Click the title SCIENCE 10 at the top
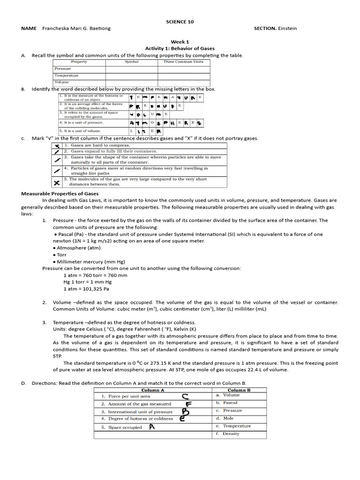180,22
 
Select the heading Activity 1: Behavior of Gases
180,48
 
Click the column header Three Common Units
183,62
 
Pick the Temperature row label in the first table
67,75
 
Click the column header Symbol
132,62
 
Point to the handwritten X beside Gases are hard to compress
56,146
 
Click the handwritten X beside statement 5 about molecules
56,182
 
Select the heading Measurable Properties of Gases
60,193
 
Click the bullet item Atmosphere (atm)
77,248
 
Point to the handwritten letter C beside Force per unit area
186,397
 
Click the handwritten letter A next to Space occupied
152,427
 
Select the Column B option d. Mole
225,418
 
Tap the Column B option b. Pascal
227,403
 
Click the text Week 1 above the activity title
180,42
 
